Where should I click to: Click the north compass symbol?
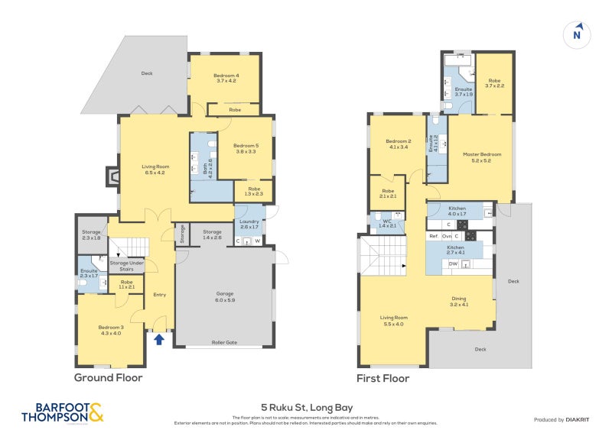[577, 34]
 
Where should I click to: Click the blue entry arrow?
[159, 339]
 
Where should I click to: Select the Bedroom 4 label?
[226, 78]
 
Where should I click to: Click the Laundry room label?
[249, 225]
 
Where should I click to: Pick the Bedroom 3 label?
[109, 329]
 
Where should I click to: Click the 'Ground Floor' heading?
[108, 377]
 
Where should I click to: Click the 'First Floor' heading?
[382, 378]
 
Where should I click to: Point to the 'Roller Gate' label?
[223, 344]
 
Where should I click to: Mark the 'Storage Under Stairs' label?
[126, 266]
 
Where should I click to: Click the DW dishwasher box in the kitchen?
[454, 264]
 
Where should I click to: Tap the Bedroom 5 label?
[245, 148]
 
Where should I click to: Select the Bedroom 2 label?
[399, 144]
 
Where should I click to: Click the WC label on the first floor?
[387, 222]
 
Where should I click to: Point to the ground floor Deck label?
[147, 73]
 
